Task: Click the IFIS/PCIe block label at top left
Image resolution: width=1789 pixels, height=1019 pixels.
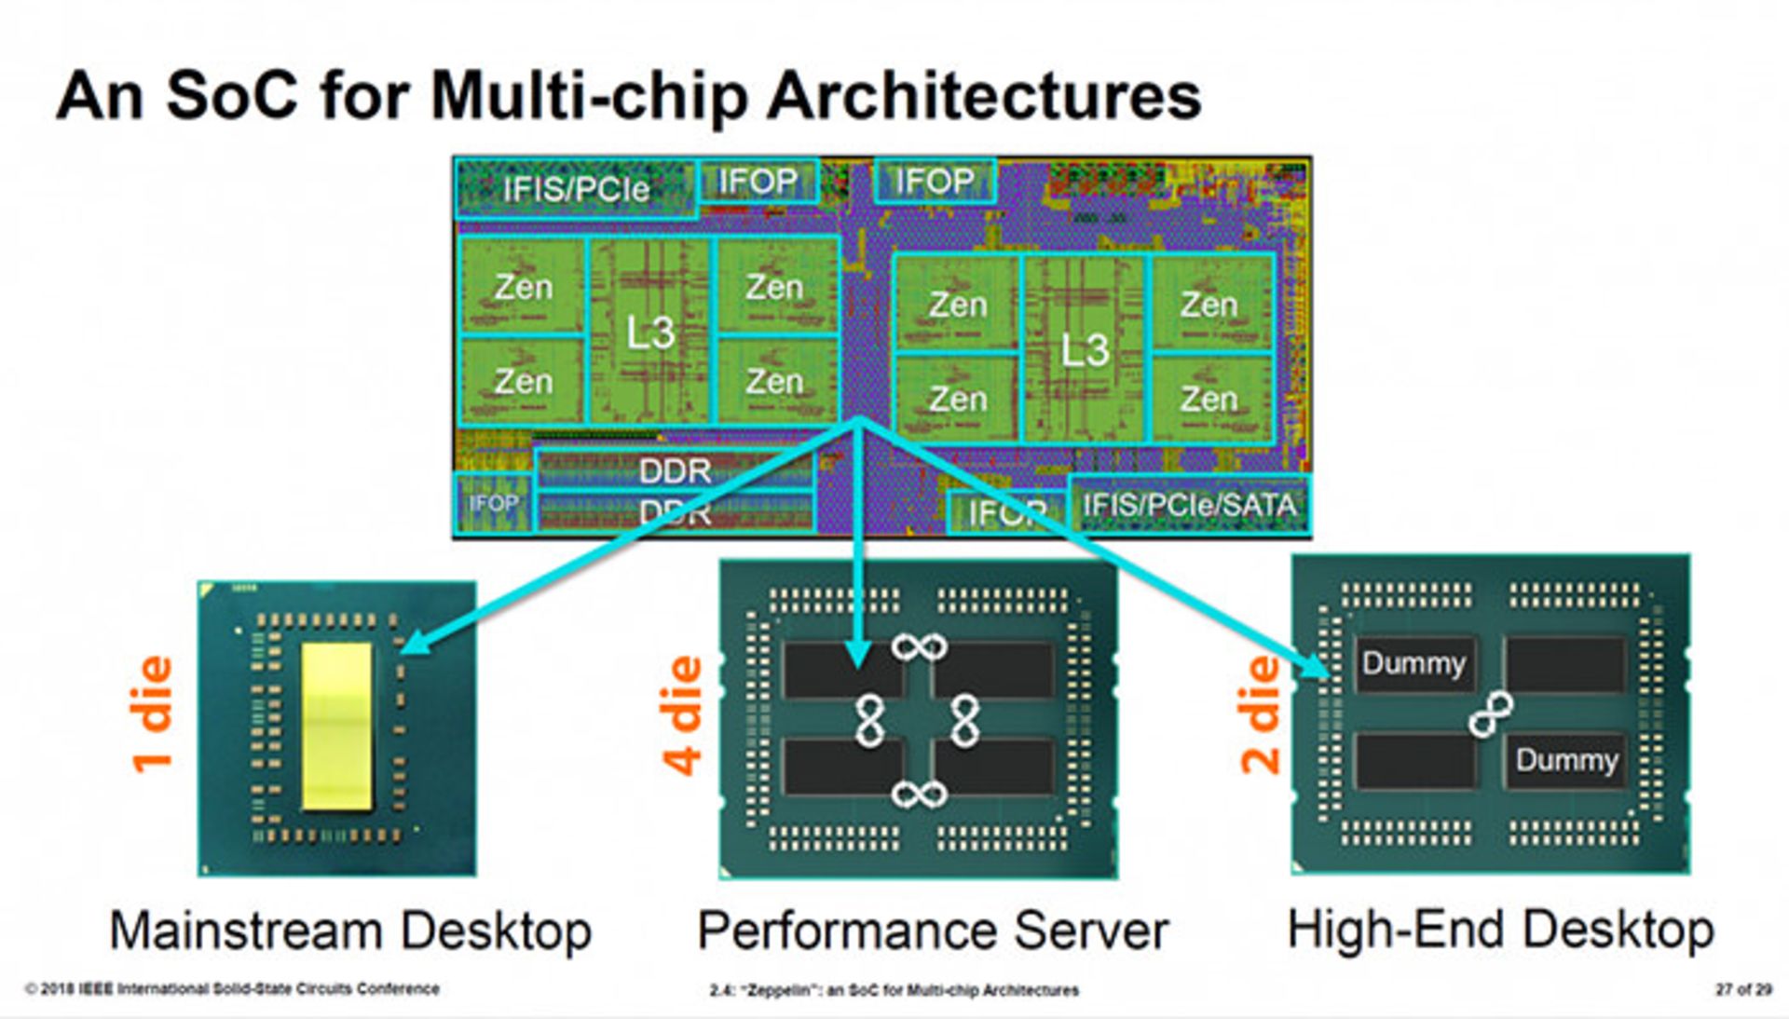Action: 576,190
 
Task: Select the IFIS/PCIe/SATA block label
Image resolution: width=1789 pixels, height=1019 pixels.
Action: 1189,506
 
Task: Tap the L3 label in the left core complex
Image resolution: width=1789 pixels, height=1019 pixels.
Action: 649,333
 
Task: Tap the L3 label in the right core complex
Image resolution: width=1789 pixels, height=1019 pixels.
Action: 1085,351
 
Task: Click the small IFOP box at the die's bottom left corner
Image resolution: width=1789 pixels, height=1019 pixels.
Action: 493,504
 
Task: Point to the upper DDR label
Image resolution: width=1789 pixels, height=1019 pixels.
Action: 675,471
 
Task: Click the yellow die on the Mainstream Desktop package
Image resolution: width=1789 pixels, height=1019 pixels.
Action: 336,726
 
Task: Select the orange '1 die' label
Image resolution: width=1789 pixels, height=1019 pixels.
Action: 152,714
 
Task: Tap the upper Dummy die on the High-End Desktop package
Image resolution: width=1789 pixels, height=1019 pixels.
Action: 1413,664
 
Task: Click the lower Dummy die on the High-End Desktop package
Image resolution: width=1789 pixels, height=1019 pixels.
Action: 1566,760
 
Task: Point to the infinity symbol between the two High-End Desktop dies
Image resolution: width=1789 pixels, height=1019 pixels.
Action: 1491,714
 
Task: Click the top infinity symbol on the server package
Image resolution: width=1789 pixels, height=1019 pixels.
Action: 919,646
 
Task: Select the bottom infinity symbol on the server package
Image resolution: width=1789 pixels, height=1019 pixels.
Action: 919,795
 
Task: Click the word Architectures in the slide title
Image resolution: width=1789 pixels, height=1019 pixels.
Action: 984,96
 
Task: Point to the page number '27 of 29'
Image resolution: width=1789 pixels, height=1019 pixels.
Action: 1743,990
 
